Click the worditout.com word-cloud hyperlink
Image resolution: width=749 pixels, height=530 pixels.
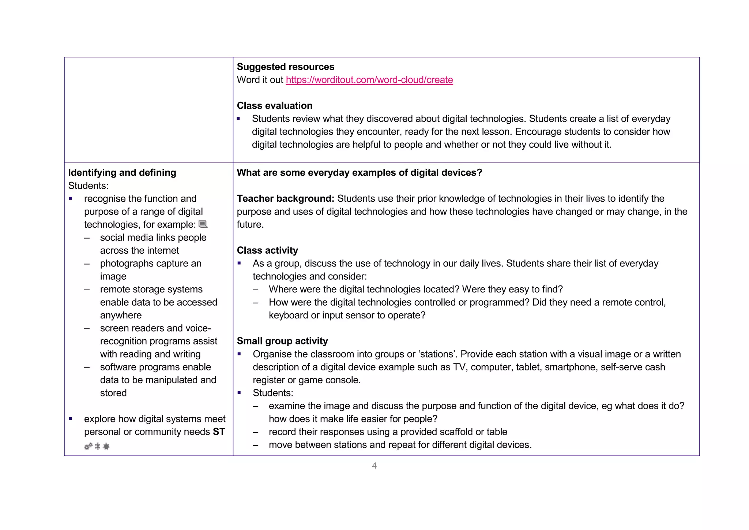tap(369, 80)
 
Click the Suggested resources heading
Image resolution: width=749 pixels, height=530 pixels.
tap(285, 67)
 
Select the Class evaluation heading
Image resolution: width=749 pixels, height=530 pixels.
tap(274, 105)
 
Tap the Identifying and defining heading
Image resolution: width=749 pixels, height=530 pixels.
tap(122, 172)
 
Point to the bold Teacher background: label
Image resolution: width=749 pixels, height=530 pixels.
tap(285, 198)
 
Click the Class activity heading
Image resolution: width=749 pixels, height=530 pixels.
tap(267, 250)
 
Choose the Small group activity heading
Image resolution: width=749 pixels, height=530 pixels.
tap(282, 341)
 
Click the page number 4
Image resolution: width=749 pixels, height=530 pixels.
tap(374, 466)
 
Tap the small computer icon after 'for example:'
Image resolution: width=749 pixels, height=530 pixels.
tap(203, 224)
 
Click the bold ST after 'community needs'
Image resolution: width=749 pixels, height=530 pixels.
tap(219, 432)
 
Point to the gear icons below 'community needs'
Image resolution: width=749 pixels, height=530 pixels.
tap(97, 446)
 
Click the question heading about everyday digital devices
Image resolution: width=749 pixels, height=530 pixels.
tap(359, 172)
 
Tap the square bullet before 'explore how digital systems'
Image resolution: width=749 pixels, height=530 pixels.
tap(71, 419)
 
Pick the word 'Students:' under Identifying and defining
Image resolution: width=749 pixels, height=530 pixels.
tap(88, 186)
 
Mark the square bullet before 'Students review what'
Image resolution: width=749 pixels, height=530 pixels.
tap(238, 119)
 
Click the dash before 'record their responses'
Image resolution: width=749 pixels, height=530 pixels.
tap(255, 432)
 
